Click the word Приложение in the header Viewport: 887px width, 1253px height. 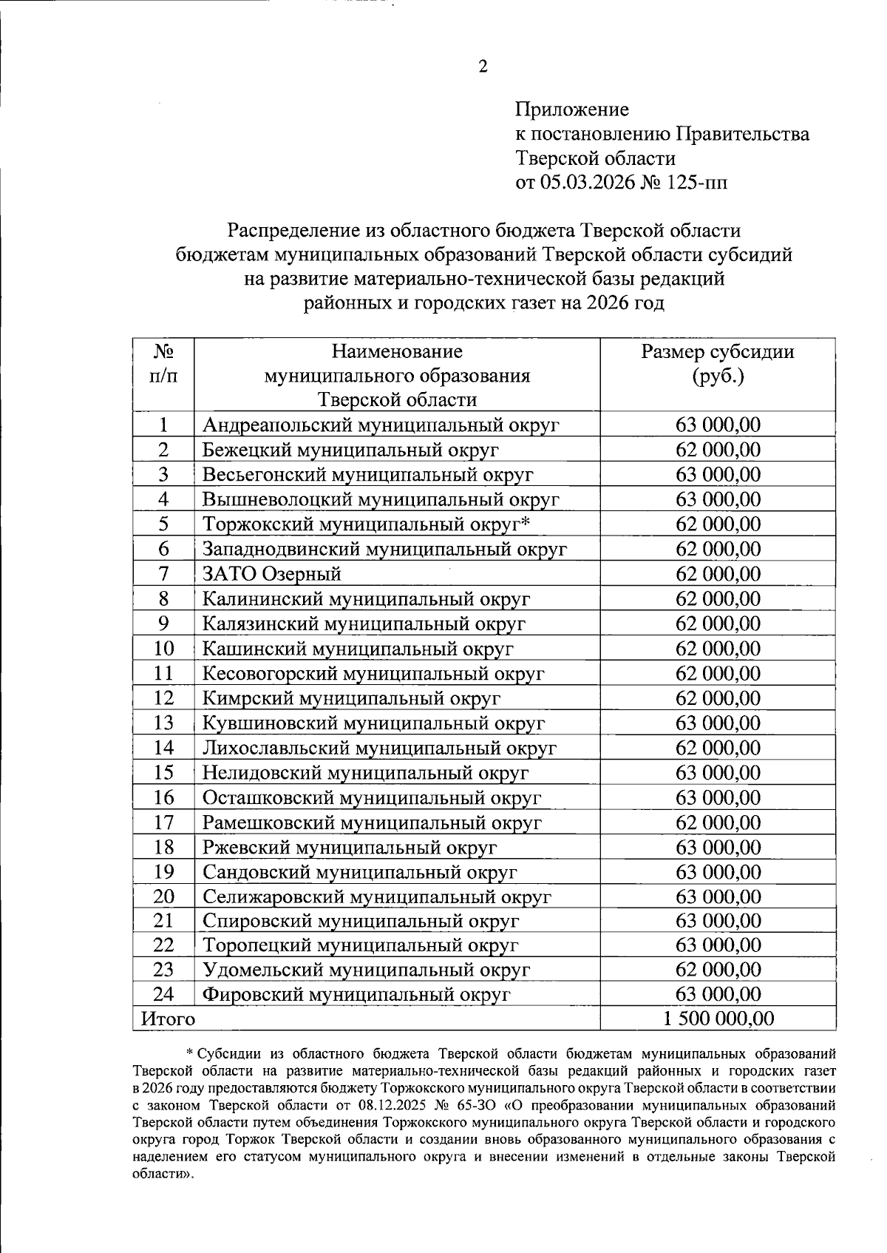(x=572, y=110)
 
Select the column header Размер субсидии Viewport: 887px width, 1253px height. (x=718, y=352)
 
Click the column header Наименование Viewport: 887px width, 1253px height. (x=397, y=351)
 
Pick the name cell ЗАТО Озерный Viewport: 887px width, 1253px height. (x=272, y=574)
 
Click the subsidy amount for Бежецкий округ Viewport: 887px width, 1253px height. (x=718, y=450)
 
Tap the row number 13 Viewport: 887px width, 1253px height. (x=163, y=723)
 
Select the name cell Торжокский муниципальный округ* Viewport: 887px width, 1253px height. (x=367, y=524)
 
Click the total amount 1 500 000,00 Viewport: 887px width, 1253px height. (x=718, y=1019)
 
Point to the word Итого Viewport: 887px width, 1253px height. (x=169, y=1019)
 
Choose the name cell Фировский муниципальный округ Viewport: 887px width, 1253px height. (x=356, y=995)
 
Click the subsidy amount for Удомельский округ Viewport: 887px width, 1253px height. (x=718, y=970)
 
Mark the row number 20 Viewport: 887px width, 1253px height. (x=163, y=896)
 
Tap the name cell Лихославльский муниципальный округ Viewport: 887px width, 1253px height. (x=379, y=748)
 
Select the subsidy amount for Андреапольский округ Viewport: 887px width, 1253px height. (x=718, y=425)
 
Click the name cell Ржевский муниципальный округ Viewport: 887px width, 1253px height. (x=350, y=847)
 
